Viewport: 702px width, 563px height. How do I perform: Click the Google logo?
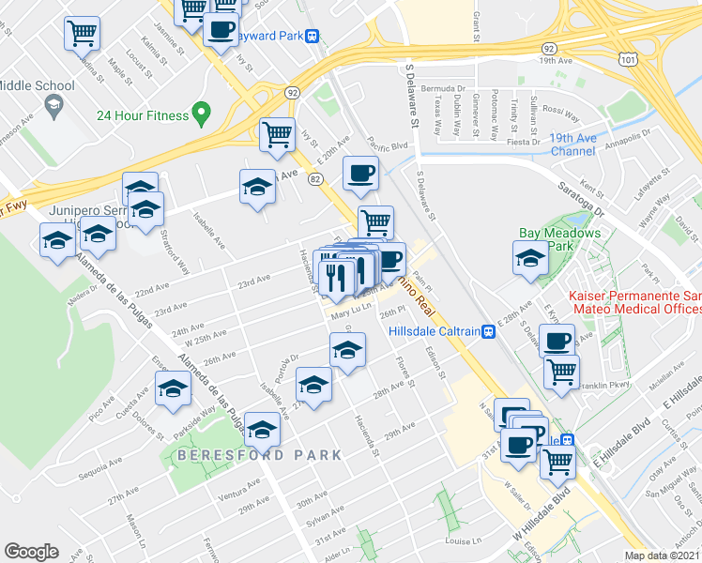[x=32, y=552]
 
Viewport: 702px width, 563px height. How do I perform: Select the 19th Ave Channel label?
[x=574, y=145]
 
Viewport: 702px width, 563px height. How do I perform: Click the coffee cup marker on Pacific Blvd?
[x=360, y=172]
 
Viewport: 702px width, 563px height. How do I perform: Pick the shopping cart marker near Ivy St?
[x=278, y=135]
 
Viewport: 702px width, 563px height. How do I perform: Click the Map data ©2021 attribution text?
[x=664, y=555]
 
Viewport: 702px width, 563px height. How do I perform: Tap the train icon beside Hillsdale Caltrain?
[x=488, y=331]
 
